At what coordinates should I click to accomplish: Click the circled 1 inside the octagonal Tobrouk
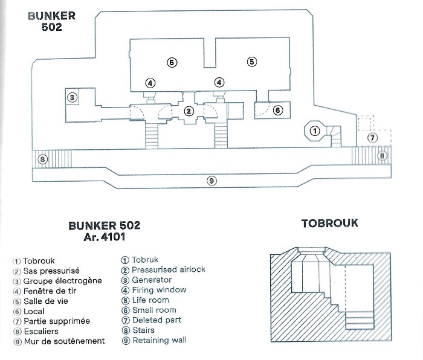pos(315,131)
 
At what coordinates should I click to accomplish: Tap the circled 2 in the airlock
pos(189,111)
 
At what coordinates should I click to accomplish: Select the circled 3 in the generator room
pos(72,97)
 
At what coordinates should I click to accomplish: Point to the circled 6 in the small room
pos(278,110)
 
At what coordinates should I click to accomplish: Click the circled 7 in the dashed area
pos(373,138)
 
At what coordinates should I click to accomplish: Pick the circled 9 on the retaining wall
pos(211,181)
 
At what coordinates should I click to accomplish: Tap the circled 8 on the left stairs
pos(42,159)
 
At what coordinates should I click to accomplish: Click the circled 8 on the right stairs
pos(382,156)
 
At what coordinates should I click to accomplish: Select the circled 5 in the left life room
pos(172,63)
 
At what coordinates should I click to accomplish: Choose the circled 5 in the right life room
pos(252,62)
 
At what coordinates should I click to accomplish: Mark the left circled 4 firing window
pos(150,83)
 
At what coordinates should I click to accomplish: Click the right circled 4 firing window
pos(219,82)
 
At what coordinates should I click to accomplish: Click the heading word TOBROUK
pos(330,223)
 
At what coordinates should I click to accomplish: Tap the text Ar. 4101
pos(105,237)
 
